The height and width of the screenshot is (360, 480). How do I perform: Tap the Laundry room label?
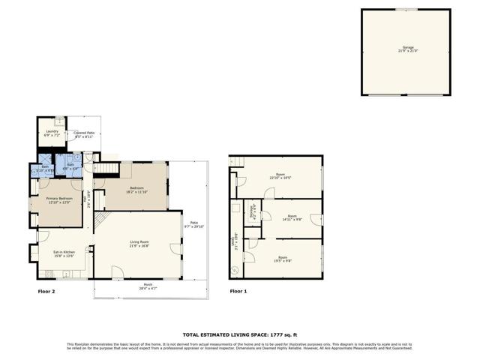52,133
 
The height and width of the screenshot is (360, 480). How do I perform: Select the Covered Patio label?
83,136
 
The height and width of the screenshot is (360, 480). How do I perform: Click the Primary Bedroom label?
58,200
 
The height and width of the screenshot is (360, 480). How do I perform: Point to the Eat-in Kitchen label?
64,254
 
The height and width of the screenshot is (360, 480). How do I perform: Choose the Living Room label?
139,244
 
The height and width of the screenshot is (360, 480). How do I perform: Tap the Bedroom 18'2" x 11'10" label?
136,190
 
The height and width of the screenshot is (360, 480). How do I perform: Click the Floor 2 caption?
47,291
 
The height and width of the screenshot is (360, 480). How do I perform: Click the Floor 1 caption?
238,291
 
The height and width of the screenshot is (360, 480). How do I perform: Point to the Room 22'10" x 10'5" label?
280,177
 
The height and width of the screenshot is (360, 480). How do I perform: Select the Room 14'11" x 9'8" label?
292,218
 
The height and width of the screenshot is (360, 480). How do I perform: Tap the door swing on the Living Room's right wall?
175,250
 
